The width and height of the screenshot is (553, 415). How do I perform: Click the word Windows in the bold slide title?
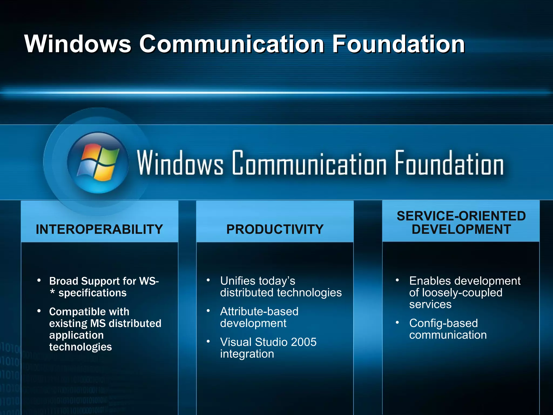78,44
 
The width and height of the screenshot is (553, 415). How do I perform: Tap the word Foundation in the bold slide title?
398,44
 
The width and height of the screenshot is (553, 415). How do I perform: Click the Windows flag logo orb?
98,163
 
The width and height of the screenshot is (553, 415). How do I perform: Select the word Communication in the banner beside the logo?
309,163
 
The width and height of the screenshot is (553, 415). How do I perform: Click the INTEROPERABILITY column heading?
99,229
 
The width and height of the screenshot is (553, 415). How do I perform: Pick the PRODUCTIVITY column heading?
275,229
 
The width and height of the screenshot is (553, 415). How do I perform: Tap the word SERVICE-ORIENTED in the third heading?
461,216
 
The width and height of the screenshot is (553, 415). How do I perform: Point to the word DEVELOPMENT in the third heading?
461,229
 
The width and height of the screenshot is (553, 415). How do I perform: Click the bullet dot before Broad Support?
39,280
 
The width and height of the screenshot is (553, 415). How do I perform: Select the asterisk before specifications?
52,292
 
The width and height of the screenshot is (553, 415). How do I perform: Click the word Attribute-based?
259,312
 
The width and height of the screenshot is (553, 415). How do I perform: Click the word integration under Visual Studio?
247,354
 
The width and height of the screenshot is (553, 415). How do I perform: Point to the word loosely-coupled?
462,293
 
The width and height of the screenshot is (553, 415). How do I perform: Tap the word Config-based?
443,323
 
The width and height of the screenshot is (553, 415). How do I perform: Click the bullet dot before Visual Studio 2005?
208,342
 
